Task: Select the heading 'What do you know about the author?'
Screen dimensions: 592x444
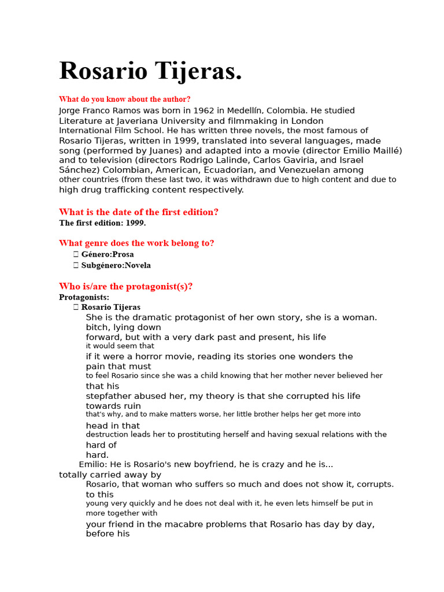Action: pyautogui.click(x=124, y=99)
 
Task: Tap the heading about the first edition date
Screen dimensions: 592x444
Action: pyautogui.click(x=139, y=212)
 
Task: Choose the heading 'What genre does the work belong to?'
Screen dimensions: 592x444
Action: pyautogui.click(x=136, y=243)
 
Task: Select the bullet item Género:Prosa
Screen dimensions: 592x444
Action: pyautogui.click(x=107, y=254)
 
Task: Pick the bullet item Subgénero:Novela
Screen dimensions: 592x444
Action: pyautogui.click(x=116, y=265)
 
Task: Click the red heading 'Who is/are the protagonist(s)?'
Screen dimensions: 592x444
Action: pyautogui.click(x=125, y=286)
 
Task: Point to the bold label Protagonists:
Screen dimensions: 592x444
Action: pyautogui.click(x=84, y=297)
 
